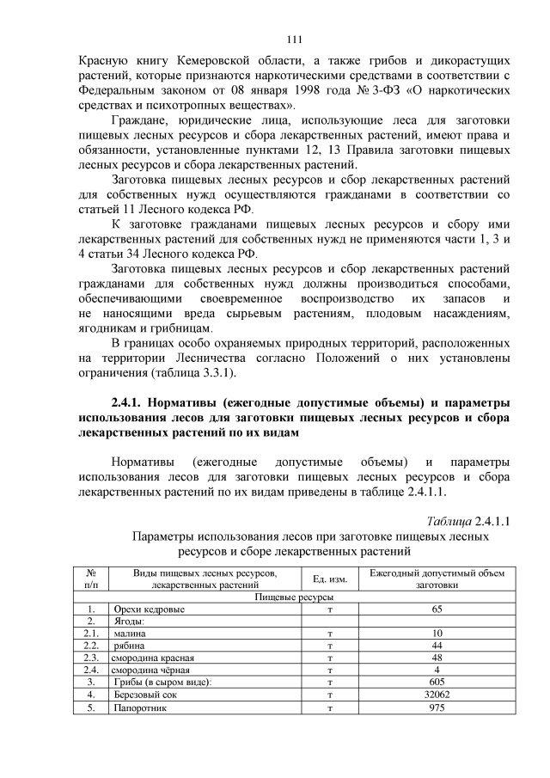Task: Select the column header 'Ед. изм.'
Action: tap(329, 579)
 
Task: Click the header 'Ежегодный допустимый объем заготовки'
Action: tap(437, 579)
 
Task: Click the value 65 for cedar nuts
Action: tap(437, 609)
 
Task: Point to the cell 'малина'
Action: tap(130, 634)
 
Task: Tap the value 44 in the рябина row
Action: tap(437, 646)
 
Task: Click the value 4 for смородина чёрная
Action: tap(437, 670)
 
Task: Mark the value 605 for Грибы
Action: tap(437, 683)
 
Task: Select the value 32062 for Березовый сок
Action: tap(437, 695)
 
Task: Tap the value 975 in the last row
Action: tap(437, 708)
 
